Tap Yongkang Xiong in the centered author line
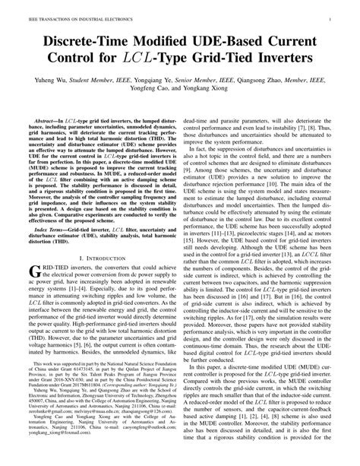[217, 89]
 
